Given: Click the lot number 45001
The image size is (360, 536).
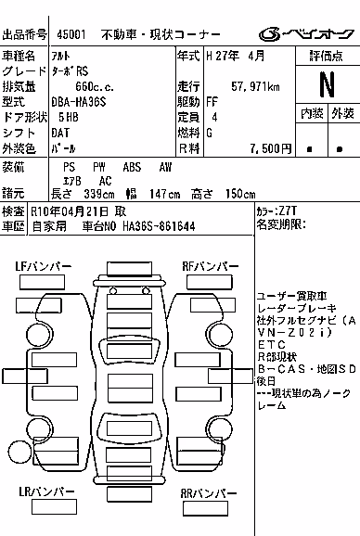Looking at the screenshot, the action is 71,34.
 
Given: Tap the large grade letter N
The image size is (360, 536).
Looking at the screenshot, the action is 327,84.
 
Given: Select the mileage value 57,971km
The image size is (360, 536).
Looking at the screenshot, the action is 255,86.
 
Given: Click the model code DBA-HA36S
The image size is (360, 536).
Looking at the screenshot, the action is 79,102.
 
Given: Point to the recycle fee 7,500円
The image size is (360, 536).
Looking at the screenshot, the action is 270,148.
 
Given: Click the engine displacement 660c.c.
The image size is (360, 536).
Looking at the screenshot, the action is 95,86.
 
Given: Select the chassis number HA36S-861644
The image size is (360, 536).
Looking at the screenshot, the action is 159,226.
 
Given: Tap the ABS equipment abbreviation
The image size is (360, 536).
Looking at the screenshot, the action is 132,167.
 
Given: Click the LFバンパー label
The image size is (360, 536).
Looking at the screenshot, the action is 44,266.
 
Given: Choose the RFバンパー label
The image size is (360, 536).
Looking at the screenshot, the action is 211,266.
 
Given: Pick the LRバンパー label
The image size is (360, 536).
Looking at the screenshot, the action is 46,491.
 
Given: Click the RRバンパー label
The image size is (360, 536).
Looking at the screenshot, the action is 209,493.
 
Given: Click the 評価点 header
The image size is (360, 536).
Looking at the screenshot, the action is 327,56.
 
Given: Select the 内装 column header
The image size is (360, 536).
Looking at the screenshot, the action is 312,113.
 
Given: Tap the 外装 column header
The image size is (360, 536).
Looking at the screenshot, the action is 342,113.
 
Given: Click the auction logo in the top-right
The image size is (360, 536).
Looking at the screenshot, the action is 307,34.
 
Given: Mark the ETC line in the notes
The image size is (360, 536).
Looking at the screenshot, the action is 272,344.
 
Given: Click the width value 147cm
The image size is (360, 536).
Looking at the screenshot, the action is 164,194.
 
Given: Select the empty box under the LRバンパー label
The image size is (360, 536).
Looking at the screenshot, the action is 55,507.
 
